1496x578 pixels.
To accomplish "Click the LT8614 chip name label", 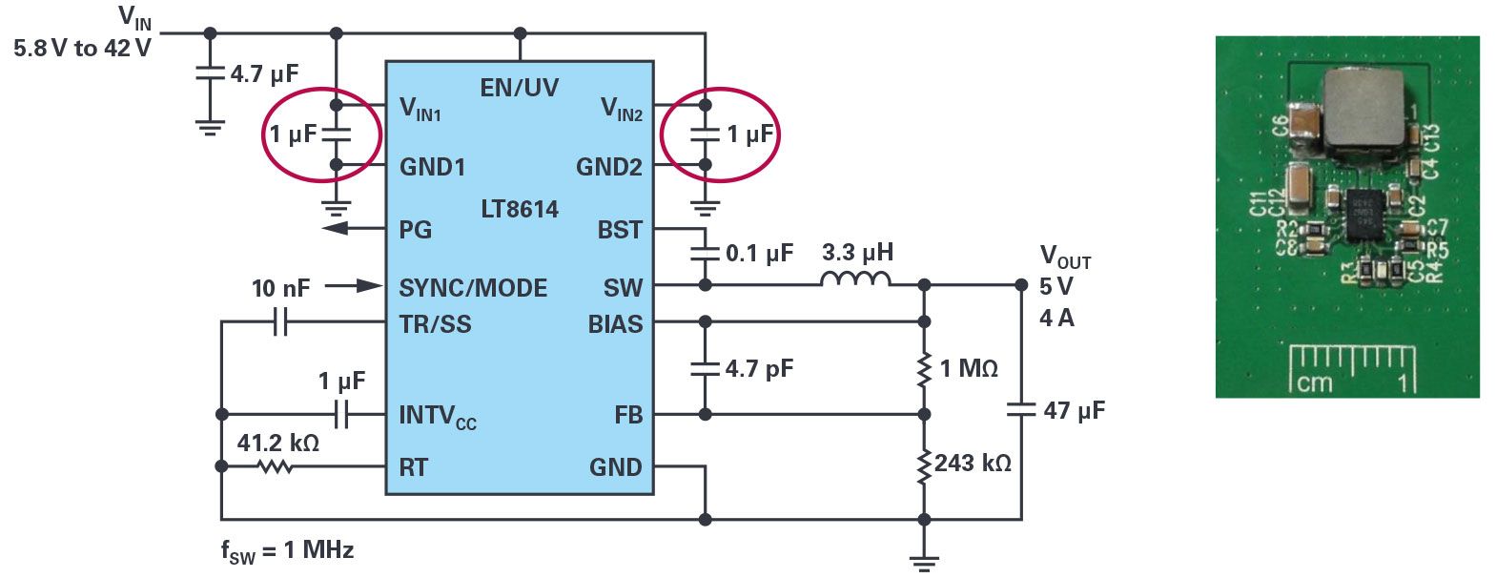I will (x=520, y=209).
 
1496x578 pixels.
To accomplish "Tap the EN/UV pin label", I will (x=519, y=88).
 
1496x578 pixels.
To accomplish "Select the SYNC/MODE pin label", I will (x=473, y=288).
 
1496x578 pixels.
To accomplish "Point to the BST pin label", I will (x=620, y=230).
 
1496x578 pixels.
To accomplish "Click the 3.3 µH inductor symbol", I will (x=855, y=279).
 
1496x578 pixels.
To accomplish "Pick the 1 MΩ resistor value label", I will (x=969, y=369).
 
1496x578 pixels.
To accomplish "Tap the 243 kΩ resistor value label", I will (x=973, y=464).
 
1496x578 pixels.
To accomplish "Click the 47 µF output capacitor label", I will (x=1074, y=411).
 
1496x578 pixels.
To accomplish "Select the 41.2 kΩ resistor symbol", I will (x=276, y=466).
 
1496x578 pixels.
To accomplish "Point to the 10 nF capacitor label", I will (x=280, y=288).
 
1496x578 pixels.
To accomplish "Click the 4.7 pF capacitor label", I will (x=759, y=369).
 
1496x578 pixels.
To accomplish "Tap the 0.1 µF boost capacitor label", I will (x=759, y=254).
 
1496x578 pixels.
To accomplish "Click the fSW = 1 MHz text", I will (x=287, y=550).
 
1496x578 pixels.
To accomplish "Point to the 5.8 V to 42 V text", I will (x=82, y=49).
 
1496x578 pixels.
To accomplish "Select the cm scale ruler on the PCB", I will (x=1351, y=368).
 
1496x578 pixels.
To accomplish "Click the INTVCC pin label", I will (x=438, y=416).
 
